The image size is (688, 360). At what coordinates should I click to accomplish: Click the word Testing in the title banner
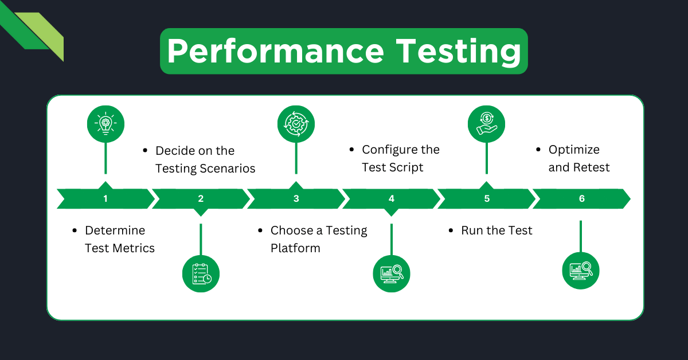tap(459, 52)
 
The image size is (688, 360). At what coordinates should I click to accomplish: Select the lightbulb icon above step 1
tap(105, 123)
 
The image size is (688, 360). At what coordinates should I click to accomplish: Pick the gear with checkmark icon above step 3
tap(296, 123)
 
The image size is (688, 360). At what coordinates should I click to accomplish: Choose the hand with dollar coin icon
tap(486, 123)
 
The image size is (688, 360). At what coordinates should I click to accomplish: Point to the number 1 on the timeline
tap(105, 199)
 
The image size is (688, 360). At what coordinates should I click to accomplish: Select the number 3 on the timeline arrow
tap(296, 199)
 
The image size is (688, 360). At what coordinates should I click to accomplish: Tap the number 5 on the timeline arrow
tap(487, 199)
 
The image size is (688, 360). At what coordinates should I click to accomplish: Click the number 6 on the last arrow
tap(582, 199)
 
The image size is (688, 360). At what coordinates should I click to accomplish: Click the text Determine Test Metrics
tap(119, 239)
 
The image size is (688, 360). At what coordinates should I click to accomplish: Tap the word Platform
tap(295, 248)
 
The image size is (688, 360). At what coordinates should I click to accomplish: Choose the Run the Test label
tap(497, 230)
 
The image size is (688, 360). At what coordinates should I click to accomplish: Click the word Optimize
tap(574, 150)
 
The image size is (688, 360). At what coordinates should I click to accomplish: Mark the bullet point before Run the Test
tap(451, 231)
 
